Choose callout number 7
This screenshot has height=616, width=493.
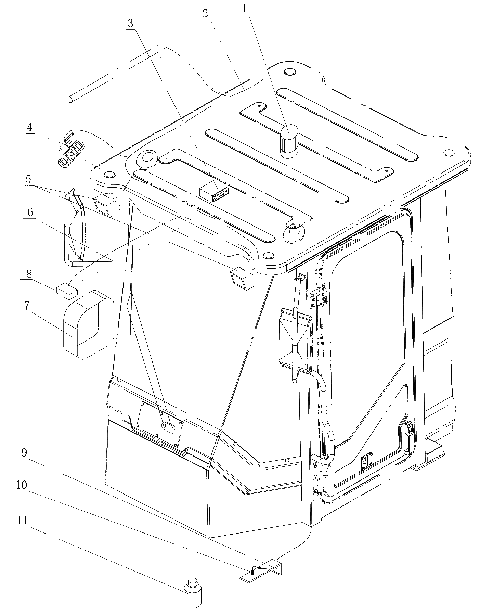tap(26, 307)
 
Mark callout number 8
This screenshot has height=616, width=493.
tap(29, 274)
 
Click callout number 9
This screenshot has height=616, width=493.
tap(24, 453)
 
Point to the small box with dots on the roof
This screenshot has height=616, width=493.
tap(214, 194)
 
